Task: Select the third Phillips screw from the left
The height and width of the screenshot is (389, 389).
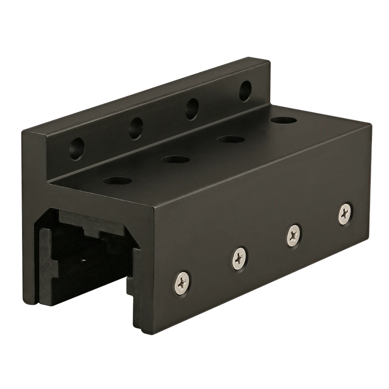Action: click(294, 234)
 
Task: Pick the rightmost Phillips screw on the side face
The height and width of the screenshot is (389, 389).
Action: click(344, 213)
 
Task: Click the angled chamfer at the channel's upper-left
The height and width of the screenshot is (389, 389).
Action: click(40, 219)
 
